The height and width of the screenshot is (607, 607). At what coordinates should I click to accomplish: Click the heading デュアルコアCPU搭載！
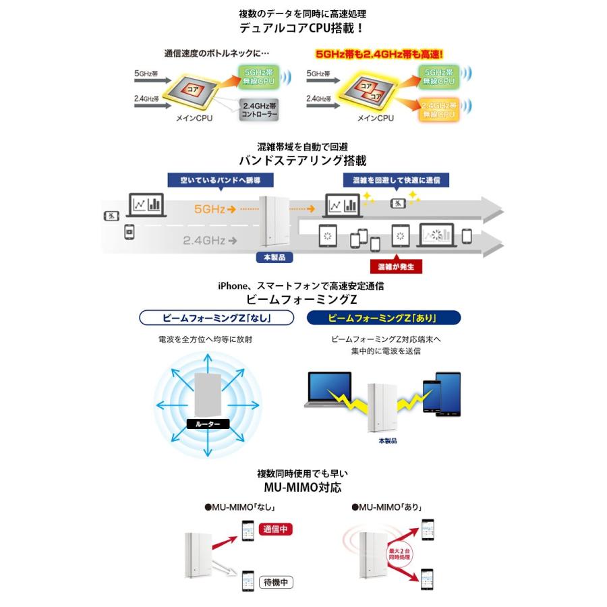pos(303,28)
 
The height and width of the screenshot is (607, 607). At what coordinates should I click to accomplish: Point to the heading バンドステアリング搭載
pos(303,161)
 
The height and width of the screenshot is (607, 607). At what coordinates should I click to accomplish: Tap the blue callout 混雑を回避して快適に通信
pos(396,180)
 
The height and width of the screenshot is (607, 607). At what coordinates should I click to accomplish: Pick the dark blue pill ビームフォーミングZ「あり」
pos(383,317)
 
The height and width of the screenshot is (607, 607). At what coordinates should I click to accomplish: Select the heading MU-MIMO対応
pos(303,487)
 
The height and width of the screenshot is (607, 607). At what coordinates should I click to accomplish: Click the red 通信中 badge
pos(276,529)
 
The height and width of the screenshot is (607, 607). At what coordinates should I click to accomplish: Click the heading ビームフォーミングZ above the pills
pos(303,298)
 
